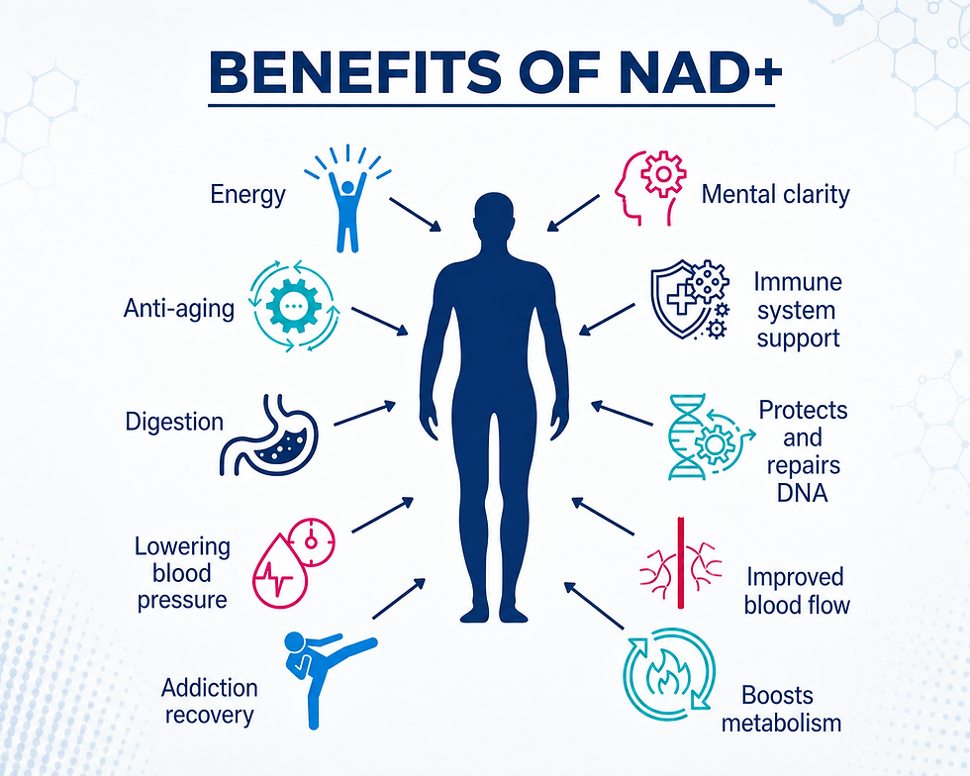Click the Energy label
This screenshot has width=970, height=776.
(247, 193)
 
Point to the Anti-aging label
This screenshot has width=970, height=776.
(179, 308)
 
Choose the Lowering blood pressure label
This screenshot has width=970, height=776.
(182, 573)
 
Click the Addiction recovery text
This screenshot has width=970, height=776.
(209, 701)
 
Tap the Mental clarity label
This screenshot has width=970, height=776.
(775, 193)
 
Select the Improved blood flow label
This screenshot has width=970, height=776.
(797, 590)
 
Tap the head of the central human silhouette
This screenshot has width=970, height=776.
(494, 219)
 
